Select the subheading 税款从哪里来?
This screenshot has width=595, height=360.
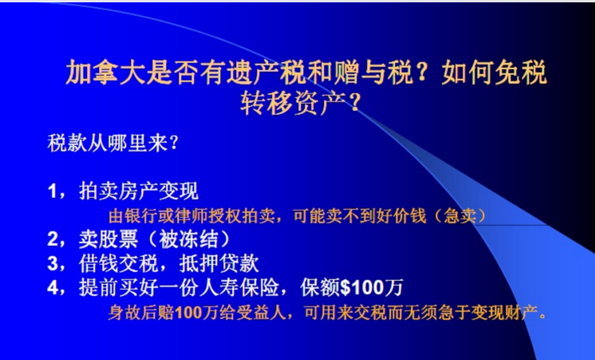point(112,144)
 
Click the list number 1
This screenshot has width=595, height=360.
point(53,191)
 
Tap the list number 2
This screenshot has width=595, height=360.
point(53,239)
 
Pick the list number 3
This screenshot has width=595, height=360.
point(53,263)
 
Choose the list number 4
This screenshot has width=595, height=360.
point(53,288)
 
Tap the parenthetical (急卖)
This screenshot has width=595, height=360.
point(460,216)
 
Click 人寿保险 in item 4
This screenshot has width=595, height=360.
point(240,288)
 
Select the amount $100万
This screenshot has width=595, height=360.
point(371,288)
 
